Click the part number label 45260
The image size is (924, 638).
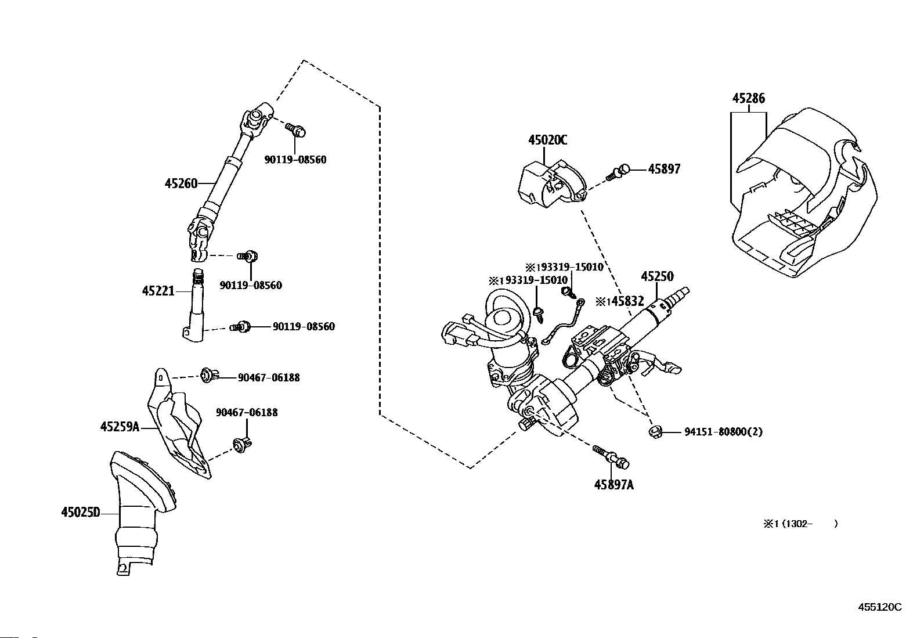point(181,183)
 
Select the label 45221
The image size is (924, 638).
point(158,290)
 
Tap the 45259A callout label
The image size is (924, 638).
point(120,427)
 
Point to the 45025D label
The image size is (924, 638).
point(80,512)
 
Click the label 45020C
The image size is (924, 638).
point(547,140)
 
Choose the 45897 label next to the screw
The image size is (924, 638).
point(664,169)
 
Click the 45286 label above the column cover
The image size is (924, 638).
point(748,98)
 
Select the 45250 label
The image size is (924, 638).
point(657,276)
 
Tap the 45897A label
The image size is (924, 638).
point(613,485)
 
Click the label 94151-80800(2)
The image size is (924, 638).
point(723,431)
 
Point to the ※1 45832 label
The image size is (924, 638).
point(620,301)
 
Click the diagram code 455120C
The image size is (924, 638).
point(880,607)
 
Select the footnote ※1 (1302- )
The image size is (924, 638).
point(800,524)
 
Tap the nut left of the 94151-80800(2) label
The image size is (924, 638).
point(655,431)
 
